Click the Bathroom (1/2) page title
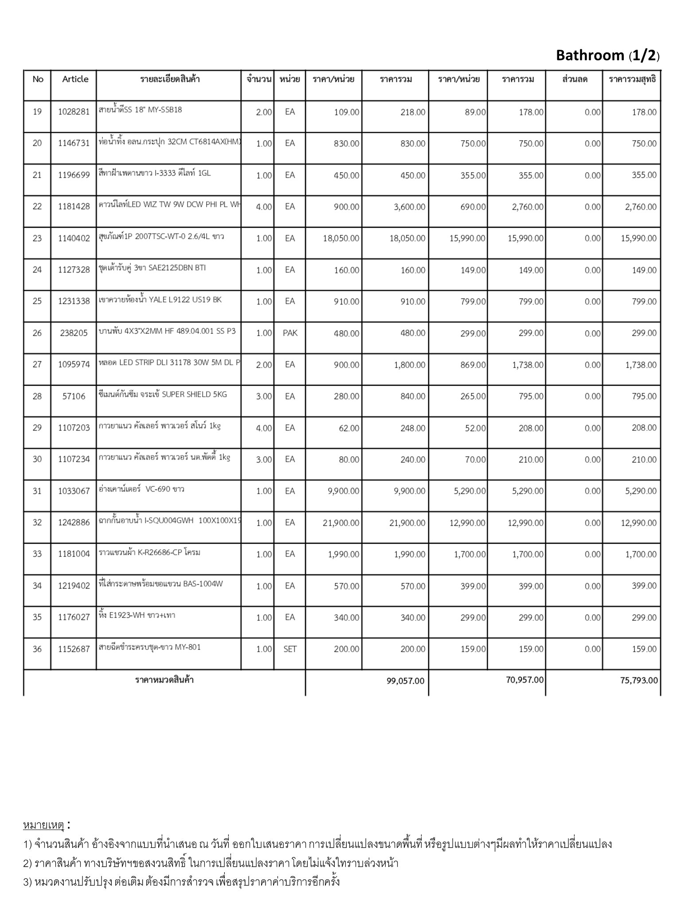coord(607,55)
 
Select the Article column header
coord(75,79)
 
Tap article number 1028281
coord(74,112)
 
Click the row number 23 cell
coord(37,238)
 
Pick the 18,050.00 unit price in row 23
coord(341,238)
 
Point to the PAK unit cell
coord(290,333)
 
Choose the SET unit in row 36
coord(290,649)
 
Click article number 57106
coord(74,396)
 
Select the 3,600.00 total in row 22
coord(409,207)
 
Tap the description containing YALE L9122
coord(160,300)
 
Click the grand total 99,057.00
coord(405,681)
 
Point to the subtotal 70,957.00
coord(524,680)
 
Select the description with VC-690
coord(141,490)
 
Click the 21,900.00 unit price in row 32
coord(341,523)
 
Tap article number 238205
coord(74,333)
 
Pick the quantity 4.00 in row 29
coord(264,428)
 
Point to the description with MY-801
coord(149,648)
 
